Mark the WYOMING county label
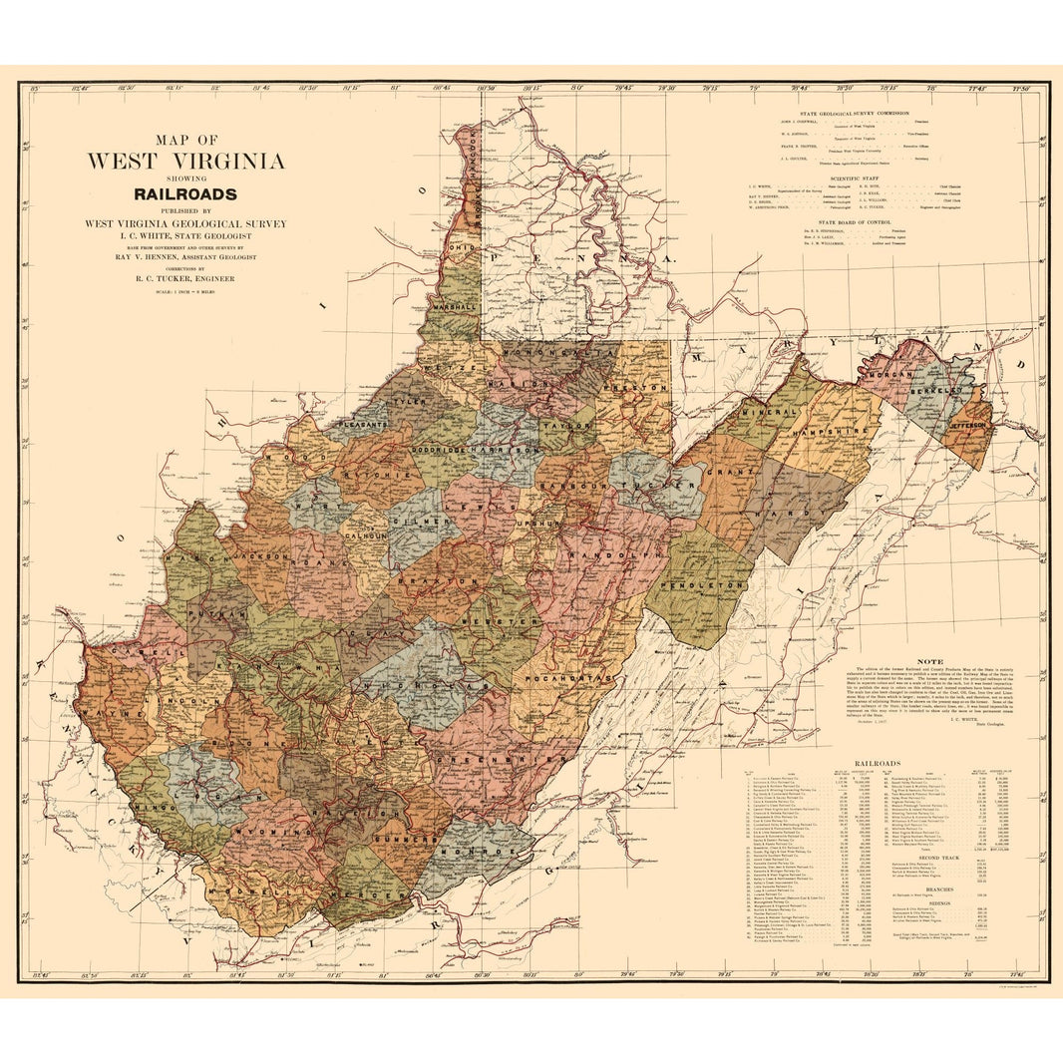click(262, 831)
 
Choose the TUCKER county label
click(655, 486)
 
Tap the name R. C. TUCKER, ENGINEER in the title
click(185, 279)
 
